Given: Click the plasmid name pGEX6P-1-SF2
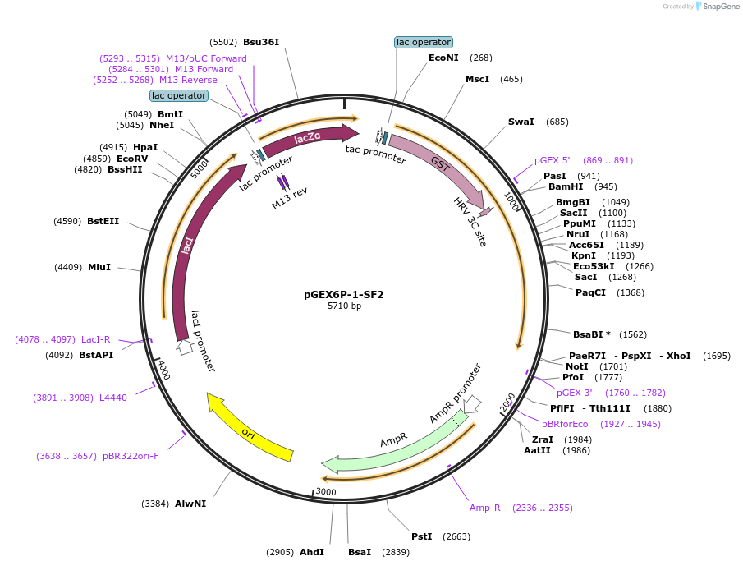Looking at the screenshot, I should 344,294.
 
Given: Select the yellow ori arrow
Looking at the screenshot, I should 250,427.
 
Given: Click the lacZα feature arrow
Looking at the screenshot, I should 310,138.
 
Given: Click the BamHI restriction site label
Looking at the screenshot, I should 566,186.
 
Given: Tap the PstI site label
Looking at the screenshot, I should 422,536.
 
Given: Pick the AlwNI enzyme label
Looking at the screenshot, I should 190,504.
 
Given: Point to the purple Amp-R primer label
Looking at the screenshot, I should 484,508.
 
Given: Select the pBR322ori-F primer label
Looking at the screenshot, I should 131,455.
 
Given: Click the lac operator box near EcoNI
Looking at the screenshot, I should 424,42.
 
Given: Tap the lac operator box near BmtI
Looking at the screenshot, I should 179,95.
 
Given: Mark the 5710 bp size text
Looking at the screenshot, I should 344,306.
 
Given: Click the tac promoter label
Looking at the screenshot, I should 375,154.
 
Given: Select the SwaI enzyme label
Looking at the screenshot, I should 521,122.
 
